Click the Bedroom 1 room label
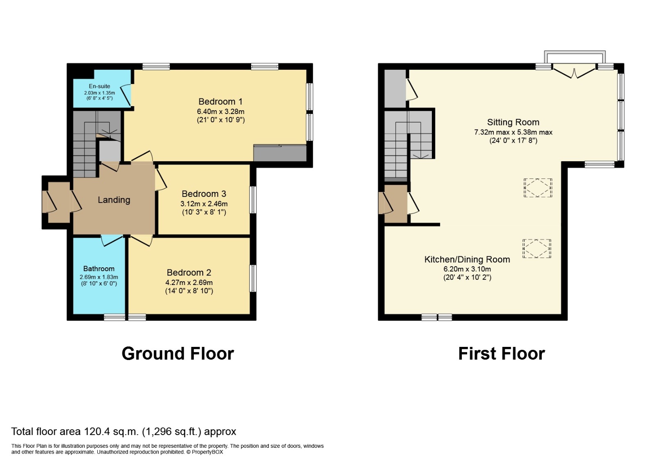click(x=220, y=102)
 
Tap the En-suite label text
click(x=99, y=86)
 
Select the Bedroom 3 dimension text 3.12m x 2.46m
click(x=204, y=204)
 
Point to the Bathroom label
click(x=99, y=269)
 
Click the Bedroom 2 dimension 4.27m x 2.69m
click(x=189, y=283)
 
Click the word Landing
click(x=114, y=200)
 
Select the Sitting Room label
click(x=513, y=122)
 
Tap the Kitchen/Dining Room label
click(x=467, y=260)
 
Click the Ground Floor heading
click(x=177, y=353)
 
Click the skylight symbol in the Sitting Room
click(x=537, y=188)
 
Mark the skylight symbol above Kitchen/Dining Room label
click(x=536, y=248)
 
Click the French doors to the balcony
click(x=574, y=71)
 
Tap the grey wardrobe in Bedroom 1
click(x=280, y=153)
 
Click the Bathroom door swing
click(x=111, y=241)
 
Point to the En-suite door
click(x=127, y=94)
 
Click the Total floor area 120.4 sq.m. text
click(x=123, y=431)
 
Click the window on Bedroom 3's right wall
click(x=253, y=200)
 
